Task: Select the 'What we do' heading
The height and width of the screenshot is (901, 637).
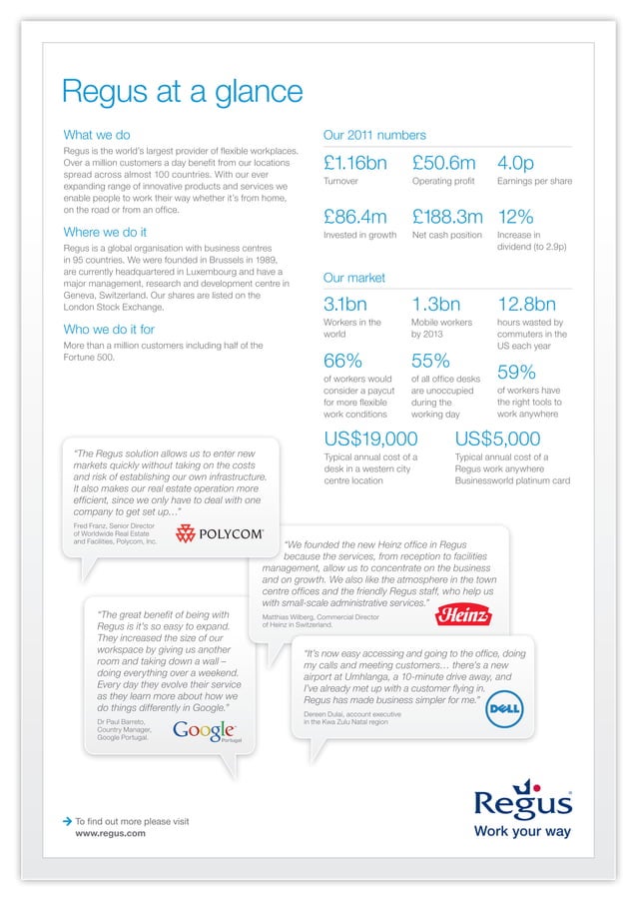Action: (x=97, y=135)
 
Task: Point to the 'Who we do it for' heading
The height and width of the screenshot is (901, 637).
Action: (x=109, y=329)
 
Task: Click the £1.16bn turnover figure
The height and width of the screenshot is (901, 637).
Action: (x=360, y=163)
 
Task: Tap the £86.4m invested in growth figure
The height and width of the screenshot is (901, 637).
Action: (x=355, y=217)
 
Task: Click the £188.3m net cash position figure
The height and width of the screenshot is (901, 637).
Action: (x=447, y=217)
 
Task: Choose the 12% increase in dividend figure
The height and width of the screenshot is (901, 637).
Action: (x=515, y=217)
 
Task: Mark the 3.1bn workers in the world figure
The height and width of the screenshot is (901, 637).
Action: (x=346, y=305)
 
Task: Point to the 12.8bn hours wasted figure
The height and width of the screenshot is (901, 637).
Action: (x=526, y=305)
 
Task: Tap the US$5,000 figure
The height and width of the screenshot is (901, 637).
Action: (x=497, y=440)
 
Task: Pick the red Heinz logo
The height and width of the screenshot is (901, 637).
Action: (x=463, y=614)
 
